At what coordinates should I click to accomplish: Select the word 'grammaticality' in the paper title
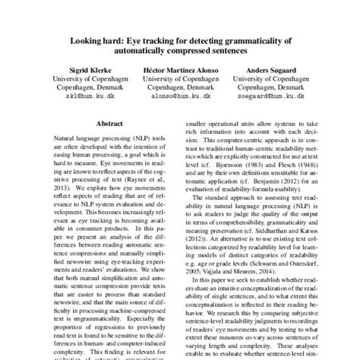[x=248, y=38]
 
